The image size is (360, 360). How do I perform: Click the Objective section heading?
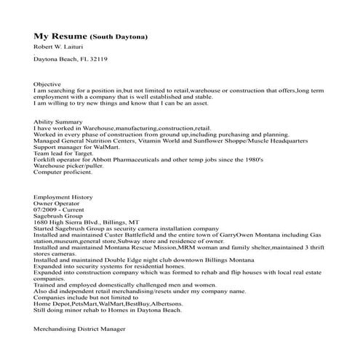[x=47, y=84]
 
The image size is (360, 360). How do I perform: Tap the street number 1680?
[x=41, y=223]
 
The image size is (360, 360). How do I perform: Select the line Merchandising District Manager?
[x=80, y=329]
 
